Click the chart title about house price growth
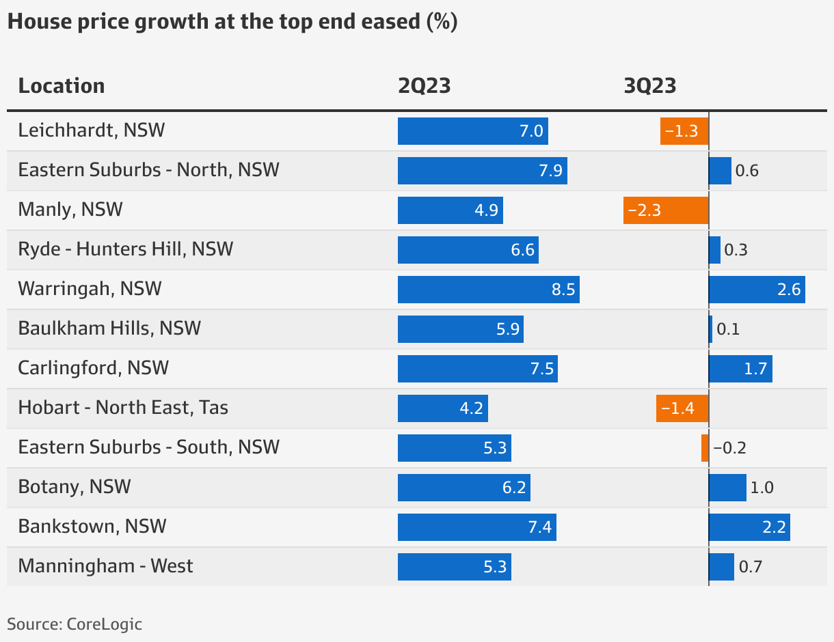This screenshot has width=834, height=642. click(x=232, y=22)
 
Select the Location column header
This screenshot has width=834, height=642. click(x=62, y=86)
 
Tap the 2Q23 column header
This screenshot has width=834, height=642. click(x=425, y=86)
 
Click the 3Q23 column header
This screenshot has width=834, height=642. click(x=650, y=86)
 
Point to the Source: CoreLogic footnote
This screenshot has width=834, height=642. click(x=75, y=624)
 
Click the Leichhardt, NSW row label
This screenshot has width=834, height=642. click(x=92, y=130)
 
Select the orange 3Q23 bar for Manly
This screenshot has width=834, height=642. click(x=666, y=210)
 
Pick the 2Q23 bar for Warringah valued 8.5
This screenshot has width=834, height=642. click(x=488, y=289)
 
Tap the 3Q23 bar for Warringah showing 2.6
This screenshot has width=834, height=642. click(x=757, y=289)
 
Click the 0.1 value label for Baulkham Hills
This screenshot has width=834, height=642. click(x=728, y=329)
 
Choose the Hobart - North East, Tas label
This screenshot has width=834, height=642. click(x=123, y=408)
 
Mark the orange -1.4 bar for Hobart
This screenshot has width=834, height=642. click(x=682, y=408)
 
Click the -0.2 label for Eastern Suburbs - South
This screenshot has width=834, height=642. click(x=729, y=448)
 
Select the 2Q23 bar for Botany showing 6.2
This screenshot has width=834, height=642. click(x=463, y=487)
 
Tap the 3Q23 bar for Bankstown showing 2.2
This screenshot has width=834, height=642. click(x=749, y=527)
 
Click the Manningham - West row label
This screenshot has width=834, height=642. click(x=106, y=566)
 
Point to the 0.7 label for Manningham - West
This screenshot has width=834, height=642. click(x=750, y=567)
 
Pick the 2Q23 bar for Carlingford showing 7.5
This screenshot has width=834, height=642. click(x=477, y=368)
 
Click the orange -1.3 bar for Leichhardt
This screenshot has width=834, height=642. click(x=684, y=130)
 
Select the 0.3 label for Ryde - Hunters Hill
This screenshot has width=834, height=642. click(x=736, y=250)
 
